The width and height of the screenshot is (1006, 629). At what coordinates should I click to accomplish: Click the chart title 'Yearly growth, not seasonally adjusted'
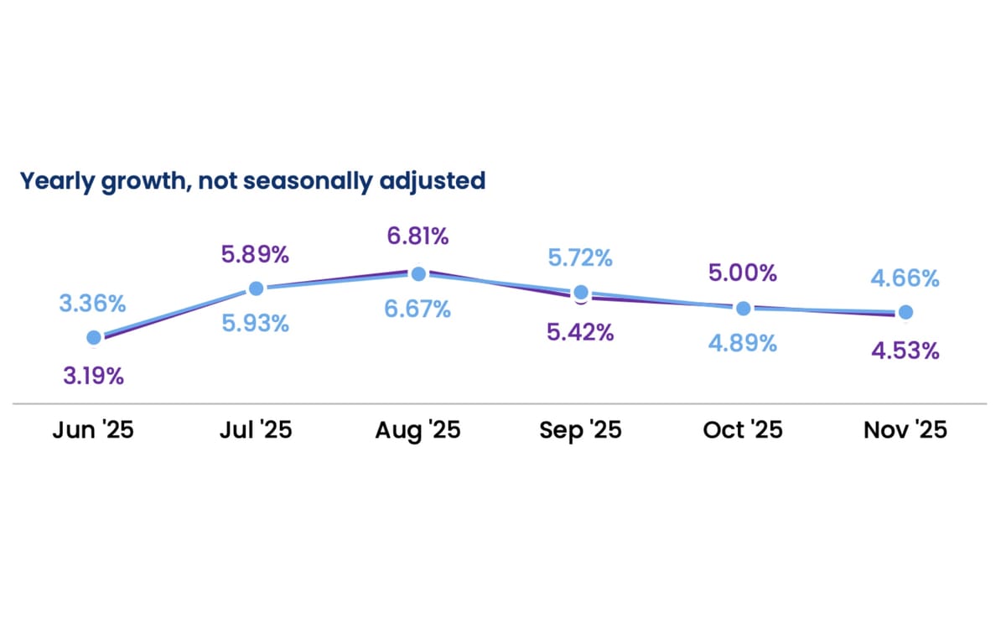(252, 180)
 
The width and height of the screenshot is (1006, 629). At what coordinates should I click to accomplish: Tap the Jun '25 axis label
(93, 430)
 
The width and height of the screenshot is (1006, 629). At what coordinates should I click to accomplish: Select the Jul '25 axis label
(256, 430)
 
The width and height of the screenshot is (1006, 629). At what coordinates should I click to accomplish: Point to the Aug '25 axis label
(417, 430)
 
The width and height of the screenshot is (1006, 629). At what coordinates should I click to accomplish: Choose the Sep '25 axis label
(580, 430)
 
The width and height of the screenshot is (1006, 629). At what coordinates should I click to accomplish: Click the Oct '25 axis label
(742, 430)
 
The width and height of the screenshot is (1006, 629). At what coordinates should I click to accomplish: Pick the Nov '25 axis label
(905, 430)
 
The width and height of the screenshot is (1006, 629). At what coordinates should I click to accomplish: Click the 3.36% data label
(93, 303)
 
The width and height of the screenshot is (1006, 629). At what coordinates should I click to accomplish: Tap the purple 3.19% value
(93, 376)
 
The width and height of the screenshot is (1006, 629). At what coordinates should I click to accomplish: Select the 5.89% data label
(256, 252)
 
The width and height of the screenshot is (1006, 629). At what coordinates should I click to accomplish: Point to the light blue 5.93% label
(256, 323)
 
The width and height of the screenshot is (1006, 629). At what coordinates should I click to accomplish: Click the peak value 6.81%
(417, 237)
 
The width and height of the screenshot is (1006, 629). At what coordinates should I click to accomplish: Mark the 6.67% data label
(417, 309)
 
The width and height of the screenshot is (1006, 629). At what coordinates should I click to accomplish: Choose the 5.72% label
(580, 257)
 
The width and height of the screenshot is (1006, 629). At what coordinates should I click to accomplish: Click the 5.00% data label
(742, 273)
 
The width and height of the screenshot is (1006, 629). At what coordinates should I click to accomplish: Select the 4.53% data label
(905, 350)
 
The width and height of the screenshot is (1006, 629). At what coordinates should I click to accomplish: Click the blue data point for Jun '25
(94, 337)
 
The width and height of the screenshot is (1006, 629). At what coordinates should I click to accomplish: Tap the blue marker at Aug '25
(418, 273)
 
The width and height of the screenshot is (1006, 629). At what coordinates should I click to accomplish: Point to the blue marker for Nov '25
(905, 312)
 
